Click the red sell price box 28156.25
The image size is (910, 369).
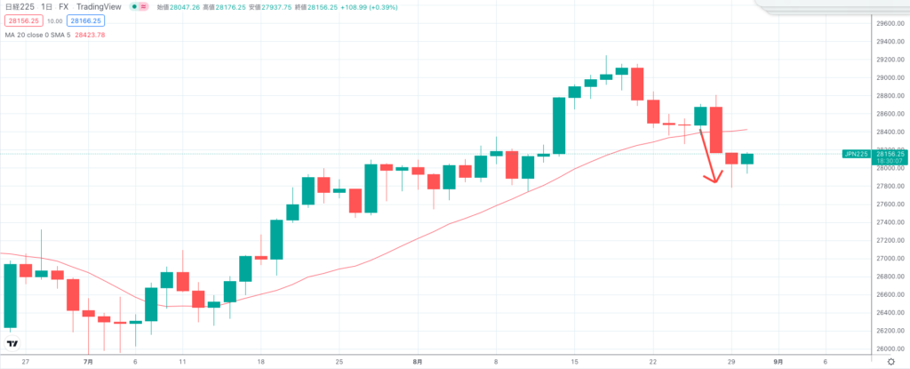point(21,20)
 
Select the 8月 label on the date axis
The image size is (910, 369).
point(418,362)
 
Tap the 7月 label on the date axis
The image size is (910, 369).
point(88,362)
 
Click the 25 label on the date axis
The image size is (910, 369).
point(339,362)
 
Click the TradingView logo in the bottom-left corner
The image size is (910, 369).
point(12,343)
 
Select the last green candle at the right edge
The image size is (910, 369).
point(747,159)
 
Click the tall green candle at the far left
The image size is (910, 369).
point(11,295)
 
